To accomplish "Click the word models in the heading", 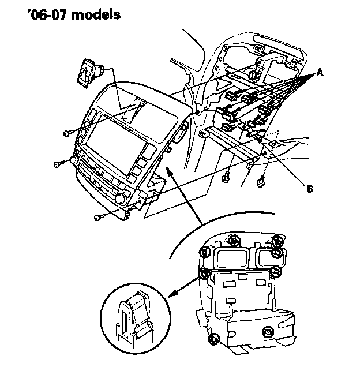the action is coord(96,14).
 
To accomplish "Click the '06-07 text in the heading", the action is coord(47,14).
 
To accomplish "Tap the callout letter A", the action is coord(320,73).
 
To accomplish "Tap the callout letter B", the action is coord(310,189).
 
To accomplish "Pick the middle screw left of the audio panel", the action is coord(58,164).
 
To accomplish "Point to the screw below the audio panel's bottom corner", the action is coord(99,218).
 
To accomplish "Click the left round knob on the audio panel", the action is coord(74,160).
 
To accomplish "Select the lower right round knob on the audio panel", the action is coord(121,199).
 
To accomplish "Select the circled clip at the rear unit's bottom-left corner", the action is coord(213,339).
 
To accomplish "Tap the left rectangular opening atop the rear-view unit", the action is coord(232,259).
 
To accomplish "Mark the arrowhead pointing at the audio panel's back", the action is coord(168,170).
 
